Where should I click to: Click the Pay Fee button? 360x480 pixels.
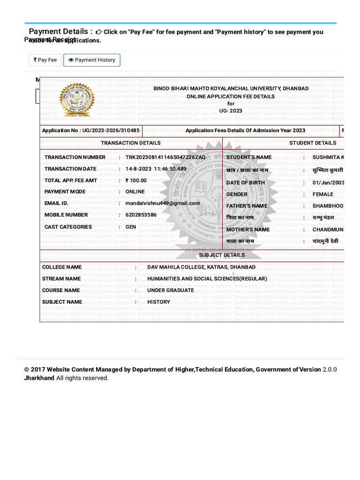[45, 60]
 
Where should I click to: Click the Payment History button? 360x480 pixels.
[92, 60]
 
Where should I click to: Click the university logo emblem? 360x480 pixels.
[77, 100]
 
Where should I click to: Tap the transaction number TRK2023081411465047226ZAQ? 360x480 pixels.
[165, 157]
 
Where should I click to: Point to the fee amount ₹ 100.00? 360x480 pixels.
[136, 180]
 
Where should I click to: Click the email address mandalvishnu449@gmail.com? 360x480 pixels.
[162, 203]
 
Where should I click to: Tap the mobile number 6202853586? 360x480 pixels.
[141, 215]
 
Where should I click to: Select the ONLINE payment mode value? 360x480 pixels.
[135, 192]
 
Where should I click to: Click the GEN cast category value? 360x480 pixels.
[131, 227]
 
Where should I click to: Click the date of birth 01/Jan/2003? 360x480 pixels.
[328, 183]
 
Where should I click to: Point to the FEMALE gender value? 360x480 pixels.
[323, 195]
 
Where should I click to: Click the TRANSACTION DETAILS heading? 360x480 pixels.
[131, 143]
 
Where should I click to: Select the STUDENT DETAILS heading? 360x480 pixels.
[313, 143]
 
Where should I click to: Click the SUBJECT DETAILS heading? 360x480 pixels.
[222, 255]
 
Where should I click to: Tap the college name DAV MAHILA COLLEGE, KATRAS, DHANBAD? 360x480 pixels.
[202, 267]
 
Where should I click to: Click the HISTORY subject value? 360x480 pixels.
[158, 302]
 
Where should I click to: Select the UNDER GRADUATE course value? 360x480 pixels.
[171, 291]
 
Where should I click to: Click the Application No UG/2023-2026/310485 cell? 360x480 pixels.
[91, 131]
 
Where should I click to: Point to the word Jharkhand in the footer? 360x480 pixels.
[39, 378]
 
